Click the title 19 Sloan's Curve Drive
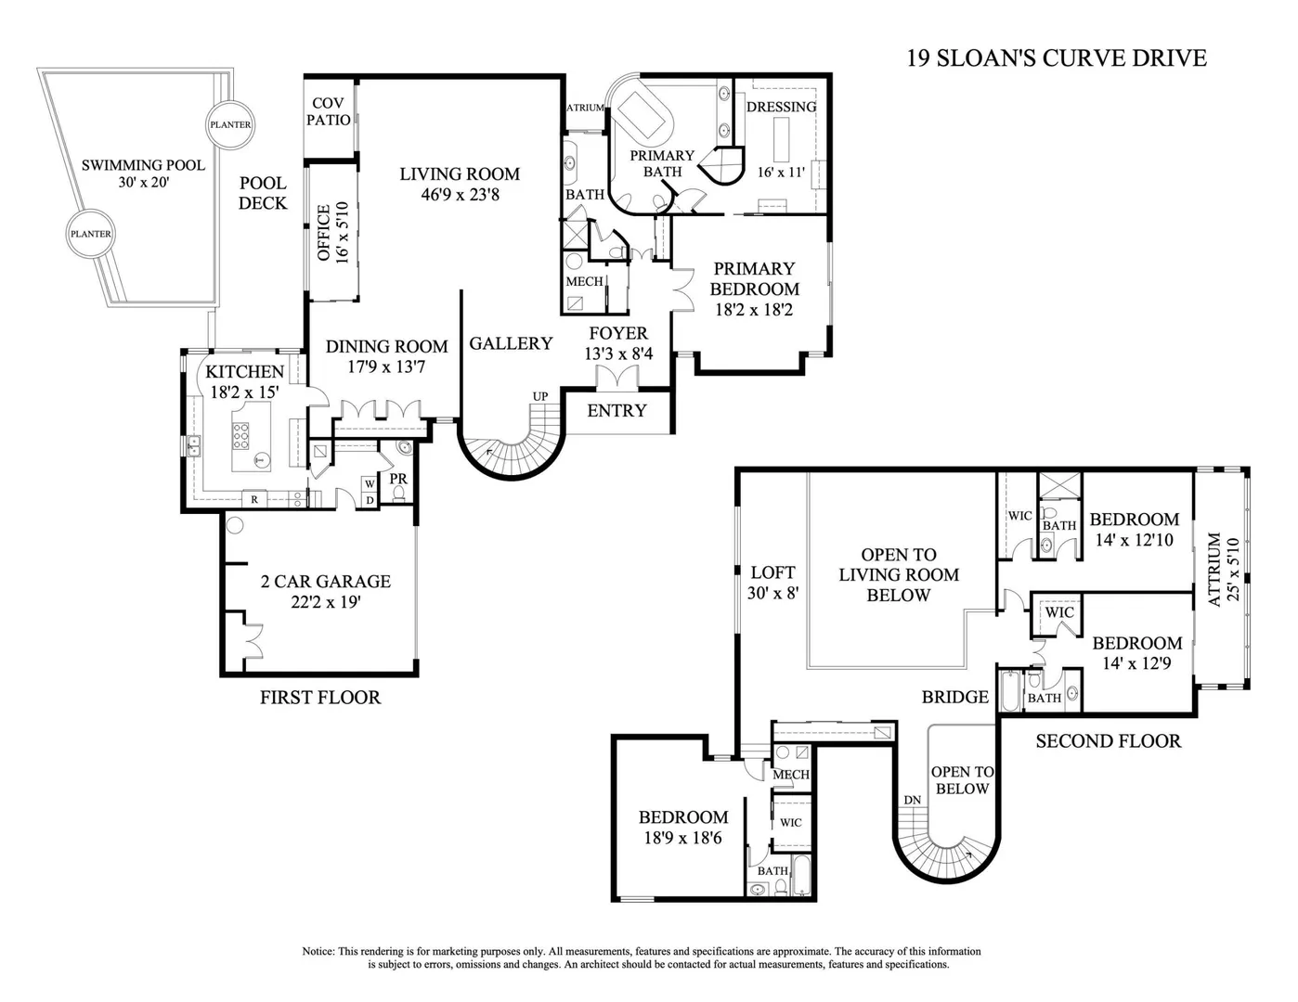pos(1057,58)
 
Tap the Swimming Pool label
pos(143,165)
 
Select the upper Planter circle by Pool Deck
pos(230,124)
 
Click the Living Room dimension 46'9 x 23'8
pos(460,195)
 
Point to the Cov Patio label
pos(328,111)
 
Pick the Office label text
pos(324,233)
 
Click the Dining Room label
pos(386,346)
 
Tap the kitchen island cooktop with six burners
pos(240,436)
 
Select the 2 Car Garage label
pos(326,582)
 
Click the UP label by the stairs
pos(540,396)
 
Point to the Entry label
pos(617,411)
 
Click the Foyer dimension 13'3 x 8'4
pos(618,353)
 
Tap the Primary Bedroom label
pos(755,278)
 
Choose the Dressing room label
pos(782,107)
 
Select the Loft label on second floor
pos(772,572)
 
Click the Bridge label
pos(955,697)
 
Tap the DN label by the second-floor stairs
pos(912,800)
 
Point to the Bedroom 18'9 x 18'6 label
pos(683,817)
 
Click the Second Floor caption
pos(1108,741)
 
